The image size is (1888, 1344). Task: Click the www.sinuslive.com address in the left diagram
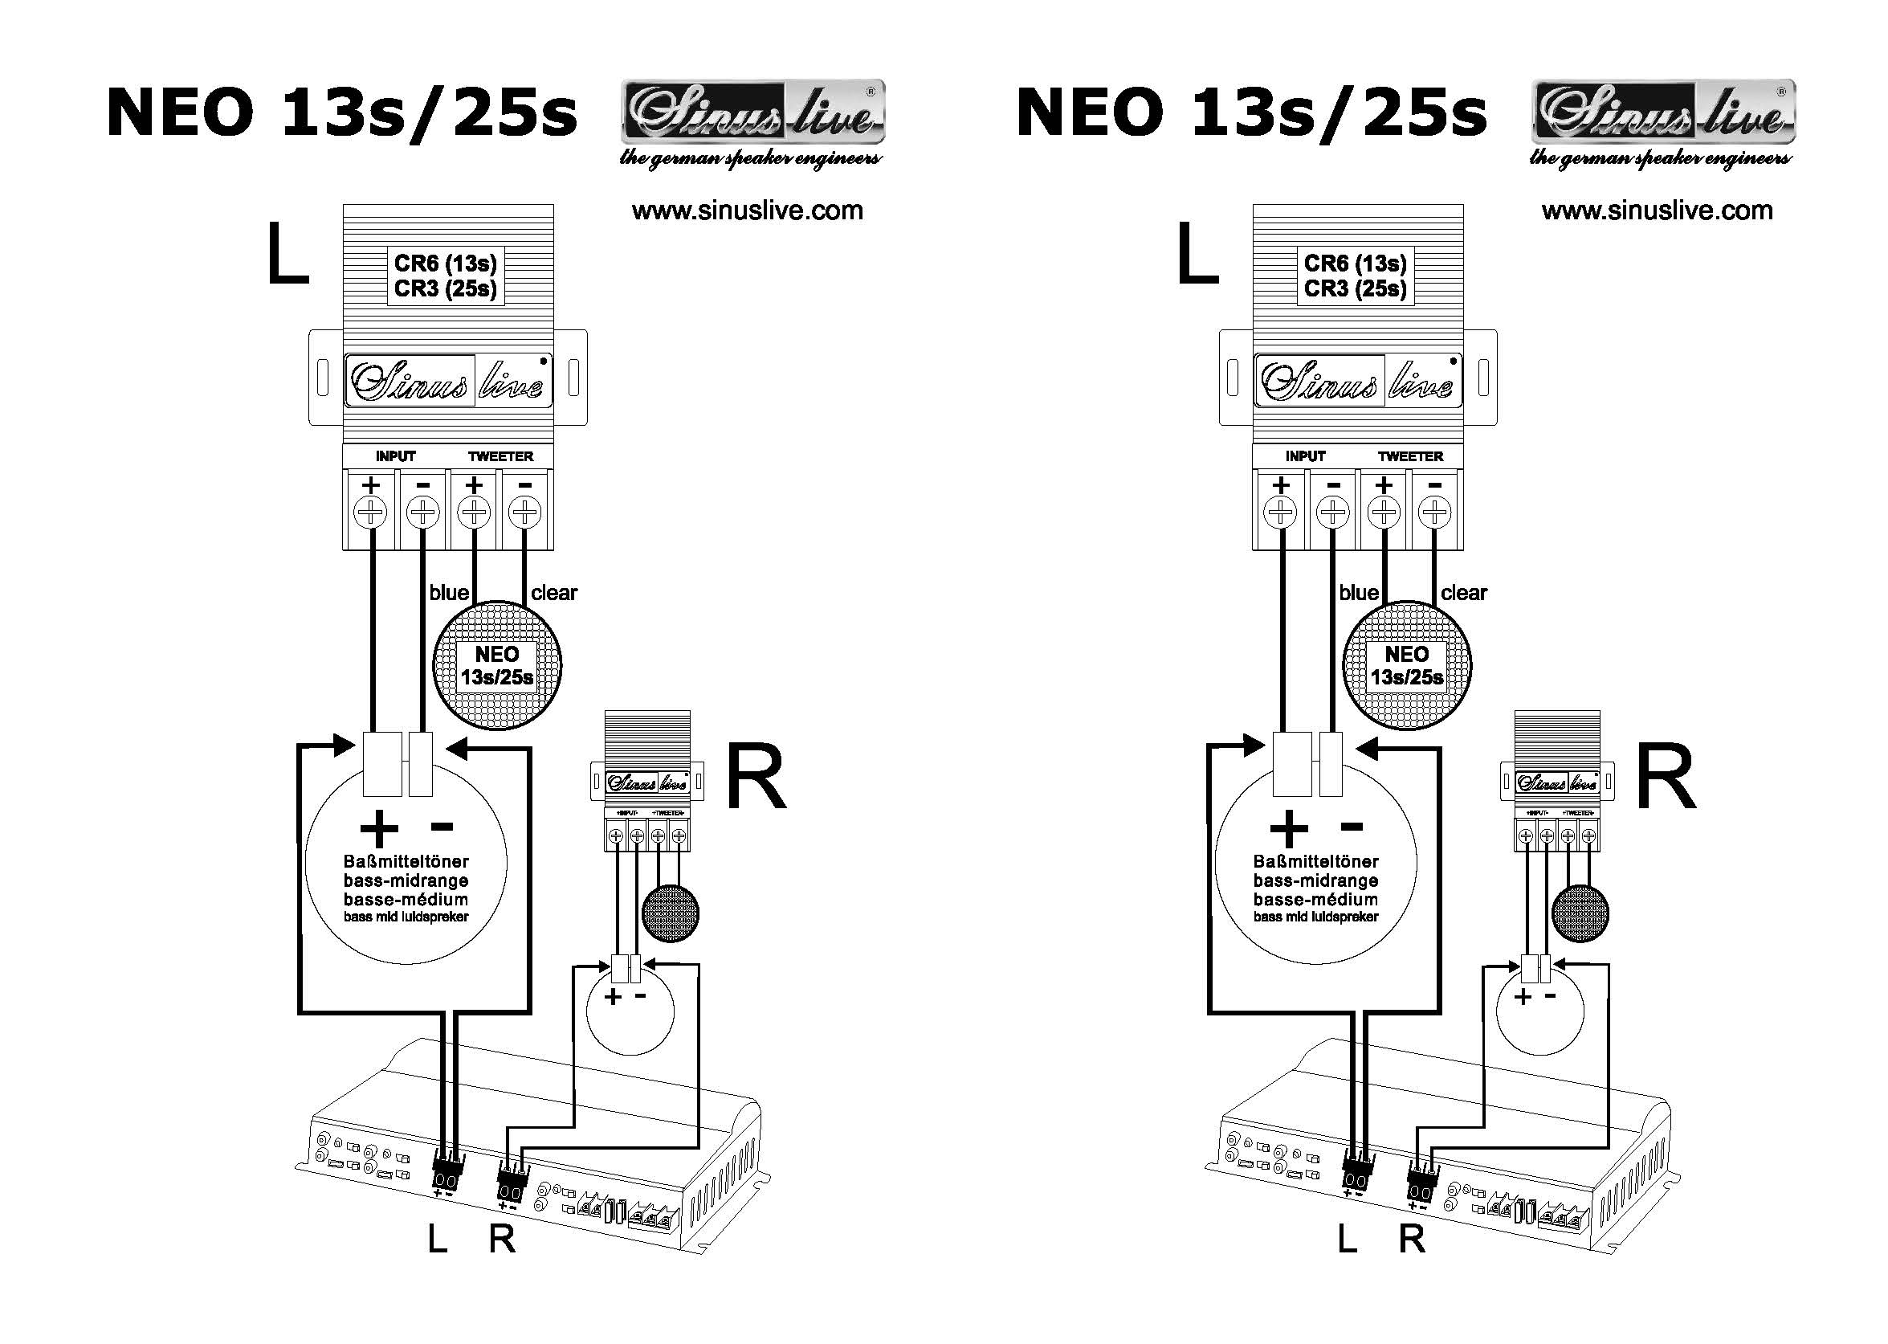[747, 211]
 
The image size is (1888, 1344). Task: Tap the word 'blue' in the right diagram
[1359, 593]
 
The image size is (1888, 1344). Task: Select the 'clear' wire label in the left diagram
[553, 593]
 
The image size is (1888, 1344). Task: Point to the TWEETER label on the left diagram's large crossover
[500, 456]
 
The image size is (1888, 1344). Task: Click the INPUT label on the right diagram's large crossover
[1305, 456]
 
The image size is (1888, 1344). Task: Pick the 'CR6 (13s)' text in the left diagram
[445, 263]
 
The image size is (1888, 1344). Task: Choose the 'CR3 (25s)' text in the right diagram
[1356, 289]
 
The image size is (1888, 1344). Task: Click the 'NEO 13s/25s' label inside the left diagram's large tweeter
[496, 666]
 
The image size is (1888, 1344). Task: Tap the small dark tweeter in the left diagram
[670, 913]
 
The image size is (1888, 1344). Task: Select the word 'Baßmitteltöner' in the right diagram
[1315, 861]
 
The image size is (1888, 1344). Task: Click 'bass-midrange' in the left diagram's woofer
[406, 880]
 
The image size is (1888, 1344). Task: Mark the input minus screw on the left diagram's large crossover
[422, 513]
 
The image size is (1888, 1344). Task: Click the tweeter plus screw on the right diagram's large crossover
[1384, 513]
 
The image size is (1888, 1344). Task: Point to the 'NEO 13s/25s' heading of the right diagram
[1251, 112]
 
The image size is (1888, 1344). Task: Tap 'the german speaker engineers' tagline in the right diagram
[1660, 158]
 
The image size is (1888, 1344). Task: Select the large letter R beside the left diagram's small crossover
[756, 778]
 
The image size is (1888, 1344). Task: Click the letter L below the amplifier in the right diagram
[1347, 1239]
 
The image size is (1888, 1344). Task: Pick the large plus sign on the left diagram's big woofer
[379, 827]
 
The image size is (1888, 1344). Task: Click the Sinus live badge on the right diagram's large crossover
[1357, 381]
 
